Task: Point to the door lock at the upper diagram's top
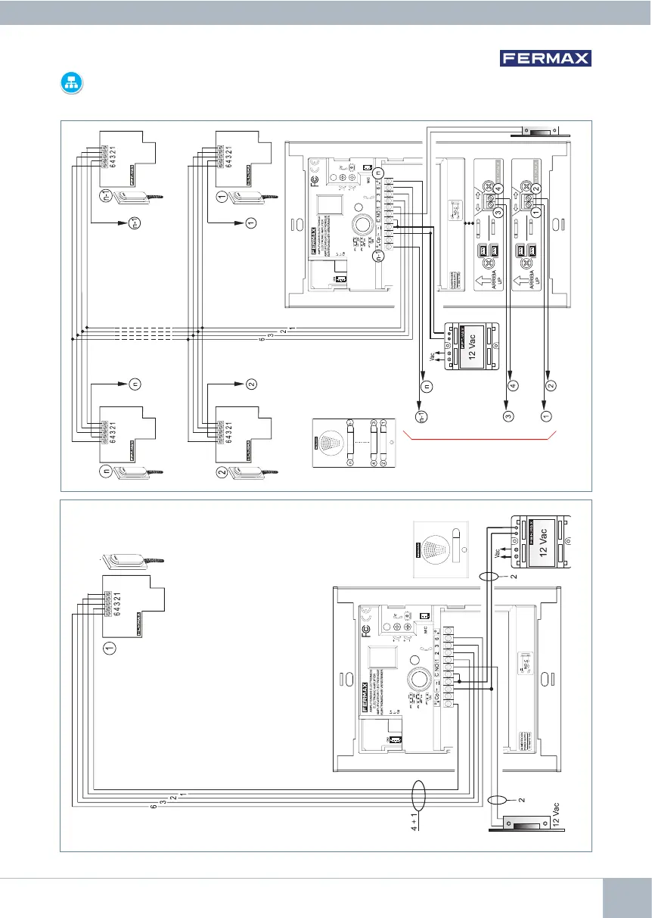pyautogui.click(x=538, y=132)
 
